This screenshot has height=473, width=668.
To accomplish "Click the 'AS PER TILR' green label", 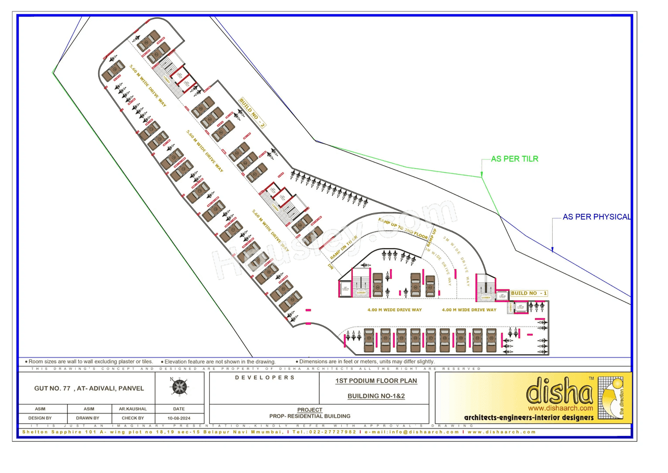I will [x=514, y=159].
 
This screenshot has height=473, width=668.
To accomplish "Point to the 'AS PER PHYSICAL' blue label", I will [x=597, y=217].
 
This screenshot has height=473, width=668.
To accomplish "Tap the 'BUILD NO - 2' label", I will [x=253, y=113].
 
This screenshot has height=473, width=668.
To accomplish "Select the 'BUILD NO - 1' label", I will [x=529, y=294].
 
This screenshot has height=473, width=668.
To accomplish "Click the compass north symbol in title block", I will [x=180, y=387].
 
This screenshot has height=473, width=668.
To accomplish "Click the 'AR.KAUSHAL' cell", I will [x=133, y=409].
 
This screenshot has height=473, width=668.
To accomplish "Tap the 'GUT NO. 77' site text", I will [x=89, y=388].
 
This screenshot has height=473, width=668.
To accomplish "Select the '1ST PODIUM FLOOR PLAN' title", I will [x=376, y=380].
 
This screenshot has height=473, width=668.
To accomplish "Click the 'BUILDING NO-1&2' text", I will [x=376, y=396].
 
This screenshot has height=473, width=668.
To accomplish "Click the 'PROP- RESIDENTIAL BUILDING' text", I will [x=309, y=416].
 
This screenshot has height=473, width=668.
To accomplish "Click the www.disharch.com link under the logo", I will [x=560, y=408].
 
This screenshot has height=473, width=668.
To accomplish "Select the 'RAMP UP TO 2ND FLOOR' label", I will [x=402, y=227].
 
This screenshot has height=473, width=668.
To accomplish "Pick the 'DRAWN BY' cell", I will [x=88, y=418].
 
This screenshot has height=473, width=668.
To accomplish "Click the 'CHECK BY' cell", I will [x=133, y=418].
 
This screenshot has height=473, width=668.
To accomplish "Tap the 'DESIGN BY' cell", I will [x=40, y=418].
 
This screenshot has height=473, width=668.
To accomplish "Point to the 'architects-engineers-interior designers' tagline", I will [x=529, y=418].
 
